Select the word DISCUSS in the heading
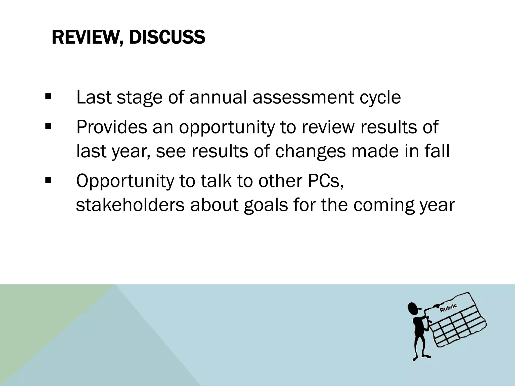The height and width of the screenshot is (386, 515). click(167, 37)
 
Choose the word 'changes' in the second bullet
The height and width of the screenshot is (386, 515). click(310, 152)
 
